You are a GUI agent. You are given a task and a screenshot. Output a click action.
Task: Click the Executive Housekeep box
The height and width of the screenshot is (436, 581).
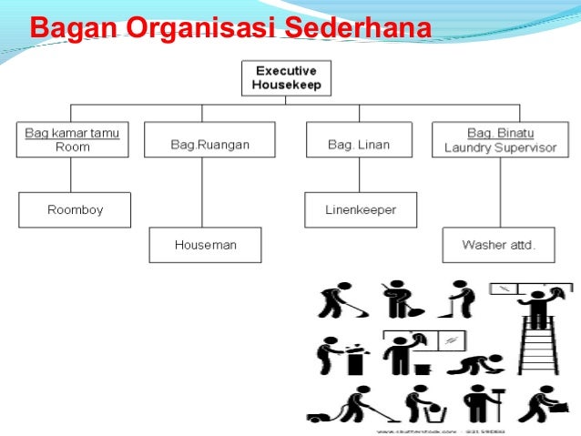286,78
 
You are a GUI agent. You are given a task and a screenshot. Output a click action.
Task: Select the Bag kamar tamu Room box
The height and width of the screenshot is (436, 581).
71,139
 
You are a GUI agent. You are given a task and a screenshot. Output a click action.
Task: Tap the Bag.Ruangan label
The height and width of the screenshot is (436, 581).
209,145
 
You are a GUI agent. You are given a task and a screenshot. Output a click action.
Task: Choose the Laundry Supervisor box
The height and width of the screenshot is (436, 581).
499,139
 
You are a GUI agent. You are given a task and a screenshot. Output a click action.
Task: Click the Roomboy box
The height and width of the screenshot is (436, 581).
75,209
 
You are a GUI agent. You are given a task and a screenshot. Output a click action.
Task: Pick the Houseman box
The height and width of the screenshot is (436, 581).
205,245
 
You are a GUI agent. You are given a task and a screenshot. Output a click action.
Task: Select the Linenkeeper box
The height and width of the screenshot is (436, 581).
361,209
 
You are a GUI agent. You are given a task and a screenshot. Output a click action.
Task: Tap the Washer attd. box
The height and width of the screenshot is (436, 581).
497,245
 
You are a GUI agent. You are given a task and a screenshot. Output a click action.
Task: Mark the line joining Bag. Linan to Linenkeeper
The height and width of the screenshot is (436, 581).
362,175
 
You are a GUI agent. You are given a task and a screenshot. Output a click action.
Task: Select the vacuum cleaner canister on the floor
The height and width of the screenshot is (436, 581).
318,417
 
